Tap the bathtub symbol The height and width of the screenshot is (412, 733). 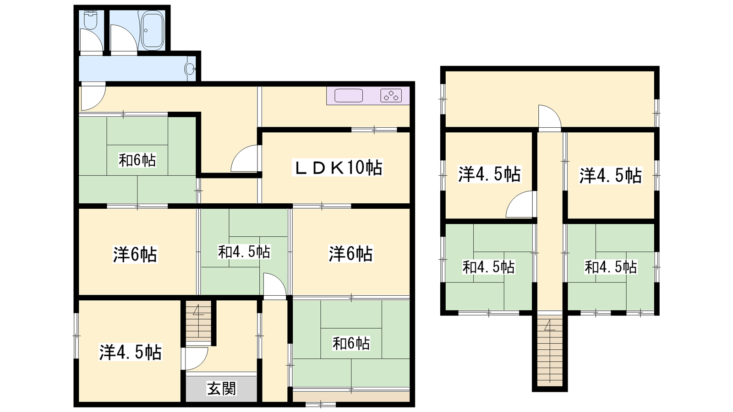coord(151,30)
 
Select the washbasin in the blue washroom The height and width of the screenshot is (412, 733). coord(190,69)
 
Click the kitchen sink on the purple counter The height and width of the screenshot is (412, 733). coord(349,96)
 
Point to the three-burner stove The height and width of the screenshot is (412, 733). coord(391,96)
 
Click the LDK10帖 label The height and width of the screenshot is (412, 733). coord(337,168)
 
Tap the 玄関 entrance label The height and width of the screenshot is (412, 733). coord(222,389)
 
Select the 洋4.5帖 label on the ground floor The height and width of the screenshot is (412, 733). coord(130,352)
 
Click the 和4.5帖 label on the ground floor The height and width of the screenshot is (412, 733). coord(244,252)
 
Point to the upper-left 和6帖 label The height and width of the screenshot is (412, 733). coord(137,160)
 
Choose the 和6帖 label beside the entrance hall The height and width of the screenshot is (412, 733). coord(351,343)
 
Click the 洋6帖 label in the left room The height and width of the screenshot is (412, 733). coord(135,255)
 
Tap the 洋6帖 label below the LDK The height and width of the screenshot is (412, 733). coord(351,254)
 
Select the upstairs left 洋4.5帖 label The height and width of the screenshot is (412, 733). coord(489,174)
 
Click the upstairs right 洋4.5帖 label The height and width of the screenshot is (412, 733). coord(611,176)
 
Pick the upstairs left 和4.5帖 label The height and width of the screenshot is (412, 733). coord(488,267)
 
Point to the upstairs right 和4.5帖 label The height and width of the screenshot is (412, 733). coord(611,267)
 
